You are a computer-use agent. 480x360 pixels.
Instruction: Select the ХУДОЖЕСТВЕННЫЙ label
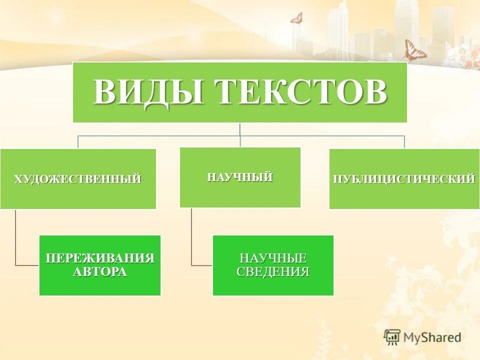(x=77, y=178)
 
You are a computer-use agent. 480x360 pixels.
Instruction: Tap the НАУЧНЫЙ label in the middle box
(x=240, y=176)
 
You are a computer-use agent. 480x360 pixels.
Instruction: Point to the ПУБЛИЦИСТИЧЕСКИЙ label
(x=404, y=178)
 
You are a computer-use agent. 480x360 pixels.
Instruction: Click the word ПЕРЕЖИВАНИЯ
(x=100, y=258)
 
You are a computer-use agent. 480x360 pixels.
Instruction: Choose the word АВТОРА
(x=100, y=272)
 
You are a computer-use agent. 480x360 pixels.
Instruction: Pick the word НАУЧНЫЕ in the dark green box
(x=273, y=258)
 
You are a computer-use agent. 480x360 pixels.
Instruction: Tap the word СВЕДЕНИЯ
(x=273, y=272)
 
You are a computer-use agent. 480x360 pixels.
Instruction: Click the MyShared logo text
(x=432, y=337)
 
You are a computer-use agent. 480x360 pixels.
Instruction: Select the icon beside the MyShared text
(x=392, y=337)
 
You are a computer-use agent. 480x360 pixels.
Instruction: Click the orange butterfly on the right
(x=414, y=50)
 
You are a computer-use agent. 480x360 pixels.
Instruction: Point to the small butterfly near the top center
(x=296, y=18)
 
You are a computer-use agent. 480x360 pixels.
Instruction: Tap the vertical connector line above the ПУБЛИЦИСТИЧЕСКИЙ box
(x=404, y=141)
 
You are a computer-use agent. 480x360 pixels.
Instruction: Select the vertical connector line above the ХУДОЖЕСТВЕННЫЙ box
(x=77, y=141)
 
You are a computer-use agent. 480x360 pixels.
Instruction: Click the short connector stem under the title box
(x=240, y=128)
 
